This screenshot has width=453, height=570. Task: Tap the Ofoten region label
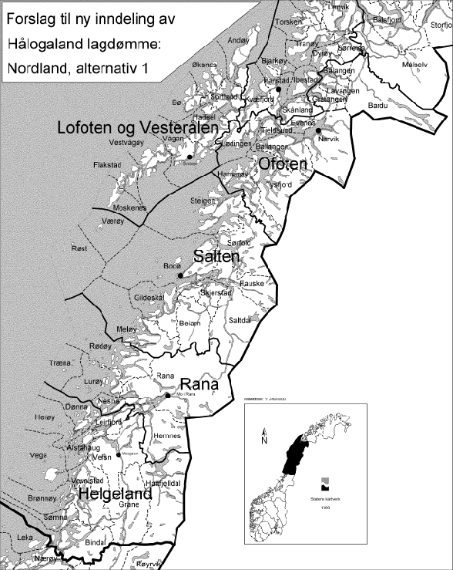(x=282, y=164)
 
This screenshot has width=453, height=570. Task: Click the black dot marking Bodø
(x=180, y=275)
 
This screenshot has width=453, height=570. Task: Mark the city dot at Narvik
(x=317, y=130)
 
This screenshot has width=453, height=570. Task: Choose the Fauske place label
(x=253, y=283)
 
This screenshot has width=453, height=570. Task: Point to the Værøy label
(x=112, y=220)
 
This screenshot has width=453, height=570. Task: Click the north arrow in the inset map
(x=263, y=437)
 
